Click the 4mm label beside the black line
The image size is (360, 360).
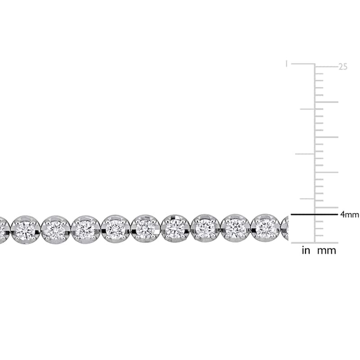pos(350,215)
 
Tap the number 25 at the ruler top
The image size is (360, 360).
pos(343,67)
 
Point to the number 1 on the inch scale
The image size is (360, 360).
pos(286,63)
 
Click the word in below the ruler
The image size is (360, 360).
pos(306,251)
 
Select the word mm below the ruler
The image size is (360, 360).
pos(327,251)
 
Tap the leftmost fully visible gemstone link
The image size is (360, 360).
pos(26,229)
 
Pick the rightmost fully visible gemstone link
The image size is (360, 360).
pos(265,228)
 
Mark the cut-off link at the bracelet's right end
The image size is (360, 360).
pos(285,228)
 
